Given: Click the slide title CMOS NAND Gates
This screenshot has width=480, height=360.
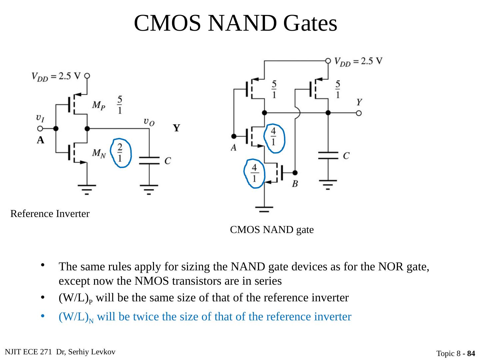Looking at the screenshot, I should (235, 23).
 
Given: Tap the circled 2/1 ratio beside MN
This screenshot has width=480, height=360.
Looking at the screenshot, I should (120, 153).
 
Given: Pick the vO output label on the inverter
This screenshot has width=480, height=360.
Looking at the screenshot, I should (149, 122).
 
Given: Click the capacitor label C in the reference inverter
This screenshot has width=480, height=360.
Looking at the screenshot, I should (168, 161).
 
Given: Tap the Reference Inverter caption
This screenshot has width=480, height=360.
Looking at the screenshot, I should (50, 214).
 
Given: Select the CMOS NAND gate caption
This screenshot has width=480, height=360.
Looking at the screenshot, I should (272, 230).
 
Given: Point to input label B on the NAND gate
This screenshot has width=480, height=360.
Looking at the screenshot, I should (295, 184).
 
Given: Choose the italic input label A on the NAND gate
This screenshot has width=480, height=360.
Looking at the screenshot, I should (234, 147).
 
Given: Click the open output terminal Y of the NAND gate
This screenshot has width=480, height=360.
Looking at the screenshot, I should (359, 113).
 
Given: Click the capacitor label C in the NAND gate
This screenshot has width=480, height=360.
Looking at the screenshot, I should (346, 155).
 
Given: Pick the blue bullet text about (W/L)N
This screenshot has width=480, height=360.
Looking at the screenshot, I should (205, 317).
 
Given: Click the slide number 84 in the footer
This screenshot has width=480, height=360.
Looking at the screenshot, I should (471, 353).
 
